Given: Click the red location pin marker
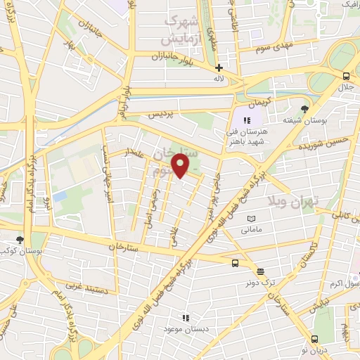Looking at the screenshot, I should coord(181,166).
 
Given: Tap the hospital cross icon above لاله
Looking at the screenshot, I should coord(219,68).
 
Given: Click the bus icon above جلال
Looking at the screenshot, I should coord(345,77).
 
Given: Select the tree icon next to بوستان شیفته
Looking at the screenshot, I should coord(304,108).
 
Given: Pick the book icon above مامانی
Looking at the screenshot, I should coord(251,219).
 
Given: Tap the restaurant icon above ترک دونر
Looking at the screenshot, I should coord(260,271).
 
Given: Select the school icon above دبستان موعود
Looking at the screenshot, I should coord(184,318).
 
